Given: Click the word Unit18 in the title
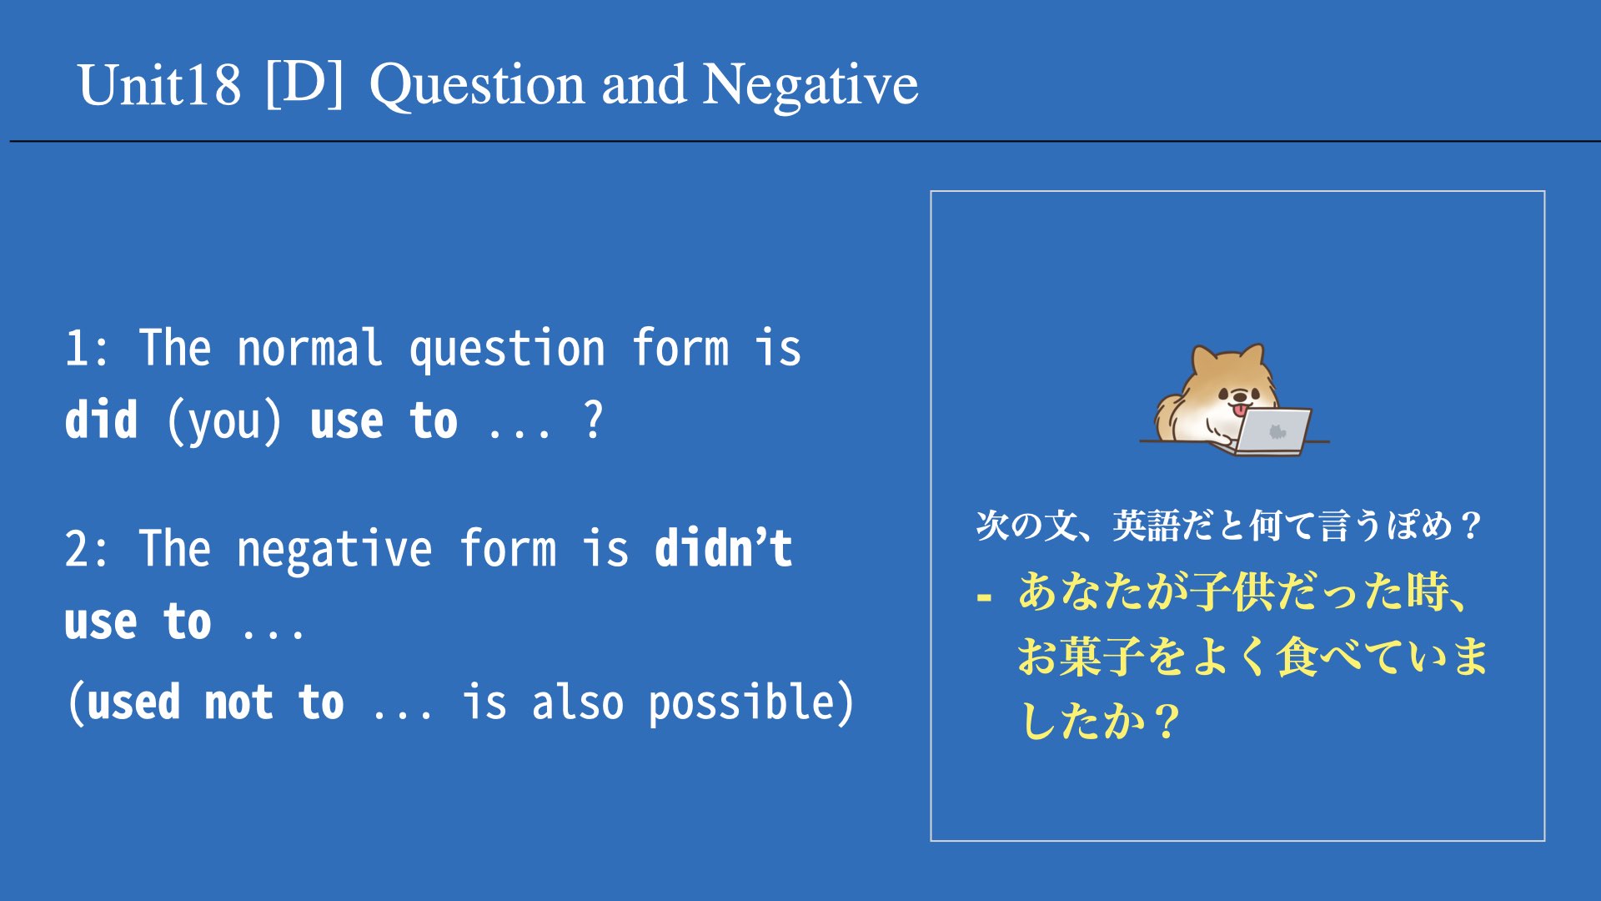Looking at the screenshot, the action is pos(159,85).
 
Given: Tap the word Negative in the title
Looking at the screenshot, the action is pos(810,85).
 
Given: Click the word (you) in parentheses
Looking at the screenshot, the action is pos(224,421).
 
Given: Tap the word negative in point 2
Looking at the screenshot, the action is pos(334,551).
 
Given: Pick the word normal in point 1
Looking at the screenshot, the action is pos(309,347).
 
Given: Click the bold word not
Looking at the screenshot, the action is pos(238,702).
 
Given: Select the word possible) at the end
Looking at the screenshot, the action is pos(751,702).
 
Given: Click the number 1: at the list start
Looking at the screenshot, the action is pos(87,349).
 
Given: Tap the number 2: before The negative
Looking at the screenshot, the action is pos(87,549).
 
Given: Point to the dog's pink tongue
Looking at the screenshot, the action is pos(1241,410).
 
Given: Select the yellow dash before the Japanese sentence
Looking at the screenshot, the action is pos(985,597).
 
